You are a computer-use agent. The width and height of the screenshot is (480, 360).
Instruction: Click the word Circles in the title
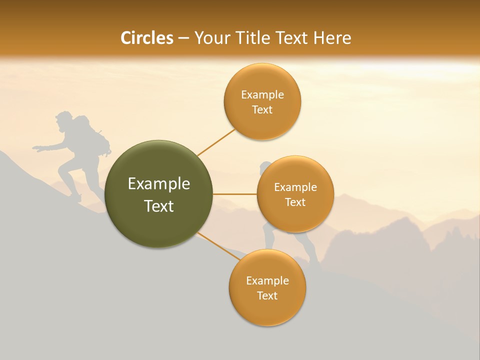pyautogui.click(x=147, y=38)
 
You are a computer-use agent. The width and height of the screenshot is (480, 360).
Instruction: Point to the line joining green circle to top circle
pyautogui.click(x=216, y=142)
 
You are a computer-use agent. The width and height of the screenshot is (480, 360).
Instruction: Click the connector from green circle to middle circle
pyautogui.click(x=235, y=194)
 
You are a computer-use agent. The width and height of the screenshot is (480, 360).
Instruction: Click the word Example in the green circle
pyautogui.click(x=159, y=184)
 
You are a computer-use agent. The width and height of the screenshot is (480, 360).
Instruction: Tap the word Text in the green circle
pyautogui.click(x=159, y=206)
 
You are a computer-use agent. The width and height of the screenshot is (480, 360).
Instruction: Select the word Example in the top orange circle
pyautogui.click(x=262, y=95)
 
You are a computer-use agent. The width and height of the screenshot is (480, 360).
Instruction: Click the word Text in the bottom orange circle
pyautogui.click(x=267, y=295)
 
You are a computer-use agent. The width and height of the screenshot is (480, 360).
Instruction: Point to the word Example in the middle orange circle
pyautogui.click(x=295, y=187)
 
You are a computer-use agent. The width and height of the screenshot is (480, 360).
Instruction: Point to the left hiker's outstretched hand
pyautogui.click(x=38, y=148)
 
